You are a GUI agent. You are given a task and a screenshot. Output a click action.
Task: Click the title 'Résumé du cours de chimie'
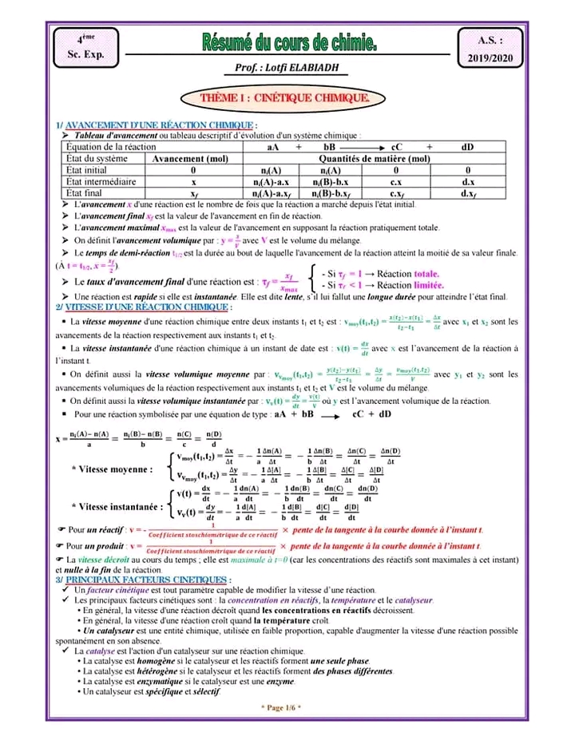[x=288, y=42]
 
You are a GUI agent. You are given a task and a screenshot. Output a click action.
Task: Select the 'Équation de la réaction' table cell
[x=111, y=148]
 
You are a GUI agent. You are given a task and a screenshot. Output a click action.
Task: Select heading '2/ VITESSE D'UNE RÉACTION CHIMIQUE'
[x=145, y=307]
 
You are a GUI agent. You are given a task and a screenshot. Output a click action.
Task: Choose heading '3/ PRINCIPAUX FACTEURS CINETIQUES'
[x=144, y=579]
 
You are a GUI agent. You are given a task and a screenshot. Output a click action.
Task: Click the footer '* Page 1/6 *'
[x=280, y=707]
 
